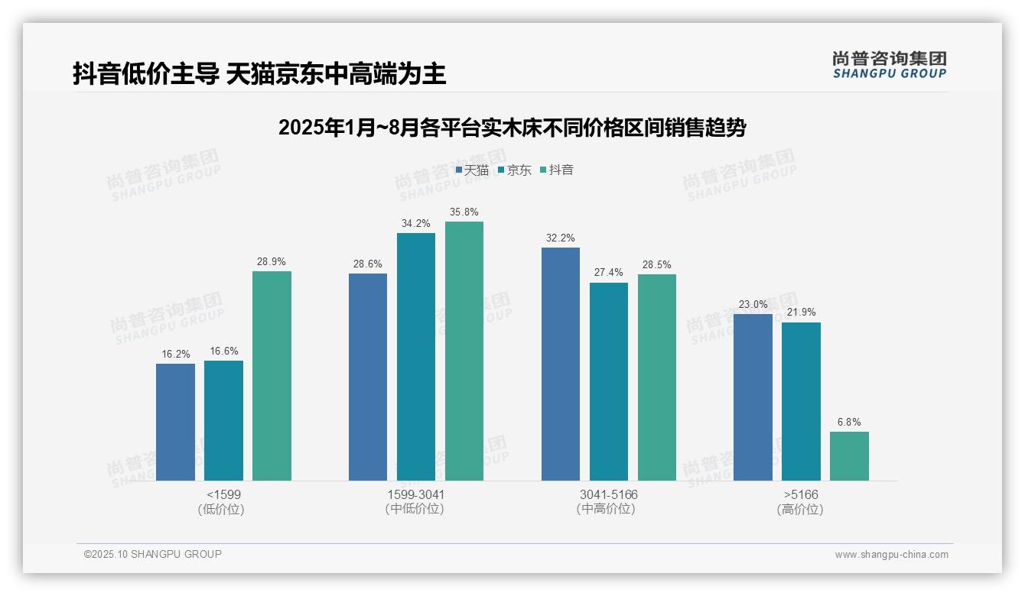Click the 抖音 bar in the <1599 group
pyautogui.click(x=272, y=376)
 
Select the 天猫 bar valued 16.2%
pyautogui.click(x=175, y=422)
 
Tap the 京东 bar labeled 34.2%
pyautogui.click(x=415, y=357)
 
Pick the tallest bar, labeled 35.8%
pyautogui.click(x=464, y=351)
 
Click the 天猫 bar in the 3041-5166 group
pyautogui.click(x=561, y=364)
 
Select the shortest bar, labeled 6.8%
pyautogui.click(x=849, y=456)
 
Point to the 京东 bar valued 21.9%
pyautogui.click(x=801, y=401)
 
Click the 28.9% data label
pyautogui.click(x=272, y=261)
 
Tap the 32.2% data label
pyautogui.click(x=561, y=238)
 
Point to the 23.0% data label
pyautogui.click(x=753, y=304)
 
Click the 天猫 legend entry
pyautogui.click(x=472, y=170)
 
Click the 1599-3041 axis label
pyautogui.click(x=415, y=494)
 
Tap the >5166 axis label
pyautogui.click(x=800, y=494)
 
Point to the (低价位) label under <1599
pyautogui.click(x=223, y=509)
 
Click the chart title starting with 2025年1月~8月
pyautogui.click(x=512, y=128)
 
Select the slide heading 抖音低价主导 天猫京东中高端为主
pyautogui.click(x=259, y=74)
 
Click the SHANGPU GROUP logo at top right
pyautogui.click(x=889, y=65)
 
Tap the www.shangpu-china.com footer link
pyautogui.click(x=891, y=555)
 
